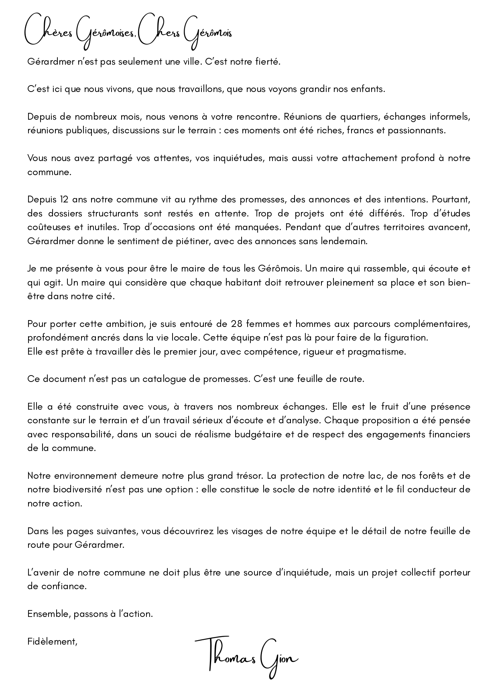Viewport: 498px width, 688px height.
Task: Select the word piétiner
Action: point(194,241)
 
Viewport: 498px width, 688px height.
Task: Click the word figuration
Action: point(405,337)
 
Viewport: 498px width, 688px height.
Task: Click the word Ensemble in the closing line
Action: point(45,614)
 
